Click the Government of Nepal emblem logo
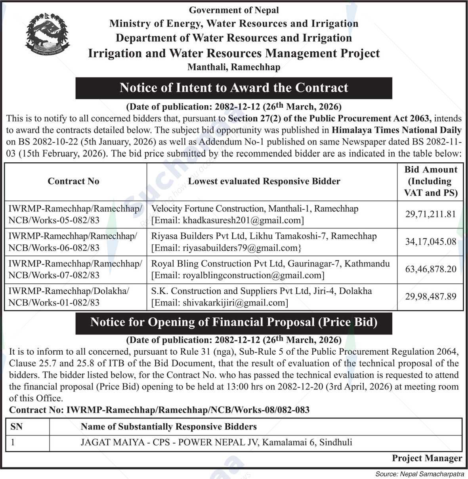pos(48,36)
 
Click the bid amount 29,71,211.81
pos(430,214)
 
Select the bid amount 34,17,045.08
pos(430,241)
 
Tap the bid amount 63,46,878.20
pos(430,269)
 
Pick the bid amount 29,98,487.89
pos(430,297)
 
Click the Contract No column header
pos(73,181)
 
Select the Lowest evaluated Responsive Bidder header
pos(264,181)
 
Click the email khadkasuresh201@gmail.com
pos(243,220)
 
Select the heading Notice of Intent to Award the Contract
pos(234,87)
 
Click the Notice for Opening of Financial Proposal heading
pos(234,322)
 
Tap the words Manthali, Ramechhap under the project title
pos(234,67)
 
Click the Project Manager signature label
pos(427,458)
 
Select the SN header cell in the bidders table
pos(17,426)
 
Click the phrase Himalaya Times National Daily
pos(397,130)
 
